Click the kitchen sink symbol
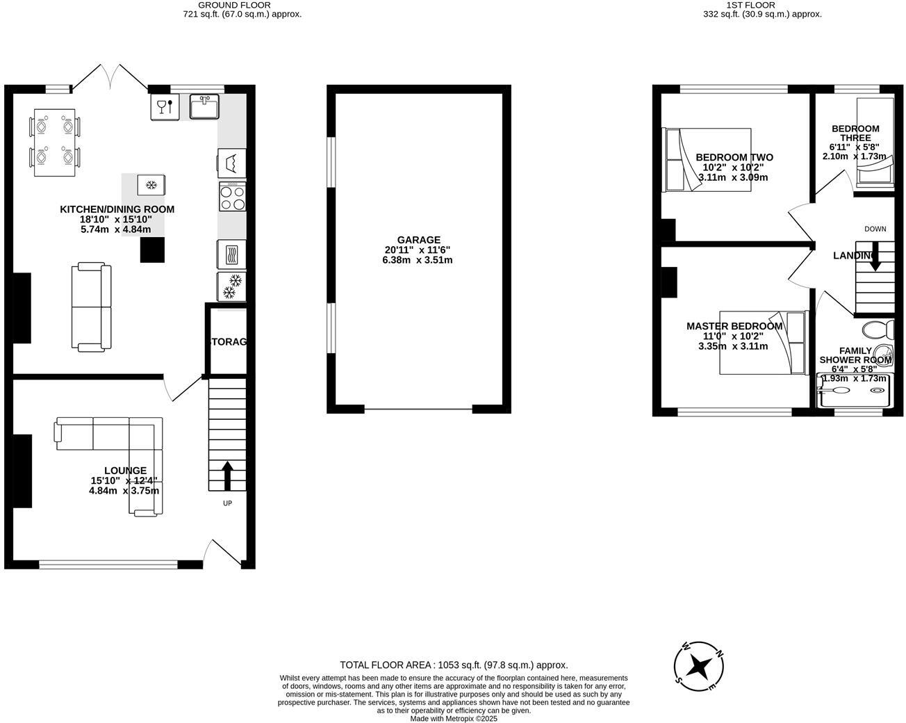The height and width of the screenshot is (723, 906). point(204,106)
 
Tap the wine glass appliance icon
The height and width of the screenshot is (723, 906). point(165,106)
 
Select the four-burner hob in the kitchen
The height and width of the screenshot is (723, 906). point(232,197)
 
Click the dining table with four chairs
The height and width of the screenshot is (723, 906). point(54,143)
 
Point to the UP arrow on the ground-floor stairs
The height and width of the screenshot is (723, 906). point(227,476)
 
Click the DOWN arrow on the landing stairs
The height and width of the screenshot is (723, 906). point(875,256)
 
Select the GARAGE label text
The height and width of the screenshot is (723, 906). point(418,240)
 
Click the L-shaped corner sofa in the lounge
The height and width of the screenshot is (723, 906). point(125,445)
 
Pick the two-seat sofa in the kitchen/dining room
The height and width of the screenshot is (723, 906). point(92,307)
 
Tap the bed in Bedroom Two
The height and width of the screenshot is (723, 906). point(707,159)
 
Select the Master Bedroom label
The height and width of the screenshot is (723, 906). point(734,326)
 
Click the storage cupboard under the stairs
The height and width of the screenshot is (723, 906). point(227,341)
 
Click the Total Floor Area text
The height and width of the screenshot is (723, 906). point(454,665)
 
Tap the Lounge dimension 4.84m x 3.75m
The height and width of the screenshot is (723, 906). point(124,490)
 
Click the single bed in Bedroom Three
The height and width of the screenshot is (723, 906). point(875,143)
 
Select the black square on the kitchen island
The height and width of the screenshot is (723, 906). point(153,250)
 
